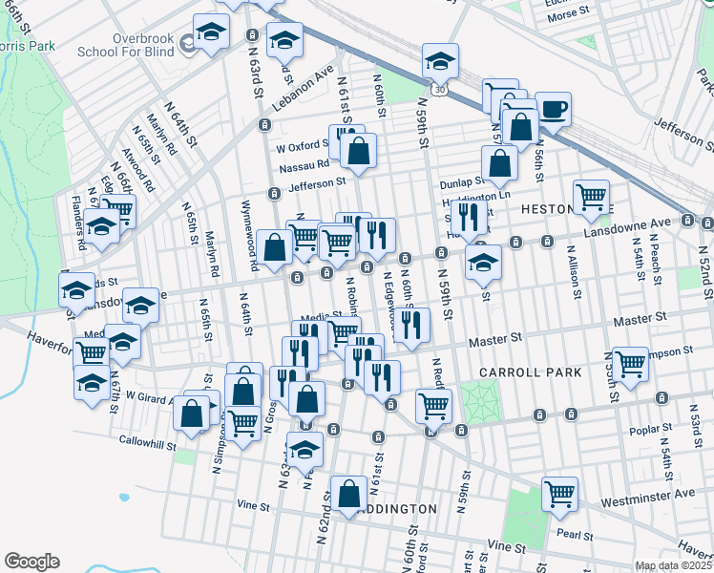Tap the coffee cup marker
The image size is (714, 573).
tap(553, 107)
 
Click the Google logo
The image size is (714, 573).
tap(31, 562)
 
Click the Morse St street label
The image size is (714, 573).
tap(570, 15)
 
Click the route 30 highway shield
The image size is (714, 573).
tap(437, 89)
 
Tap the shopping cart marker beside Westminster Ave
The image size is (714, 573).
tap(559, 493)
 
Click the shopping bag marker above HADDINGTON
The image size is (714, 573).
tap(349, 492)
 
